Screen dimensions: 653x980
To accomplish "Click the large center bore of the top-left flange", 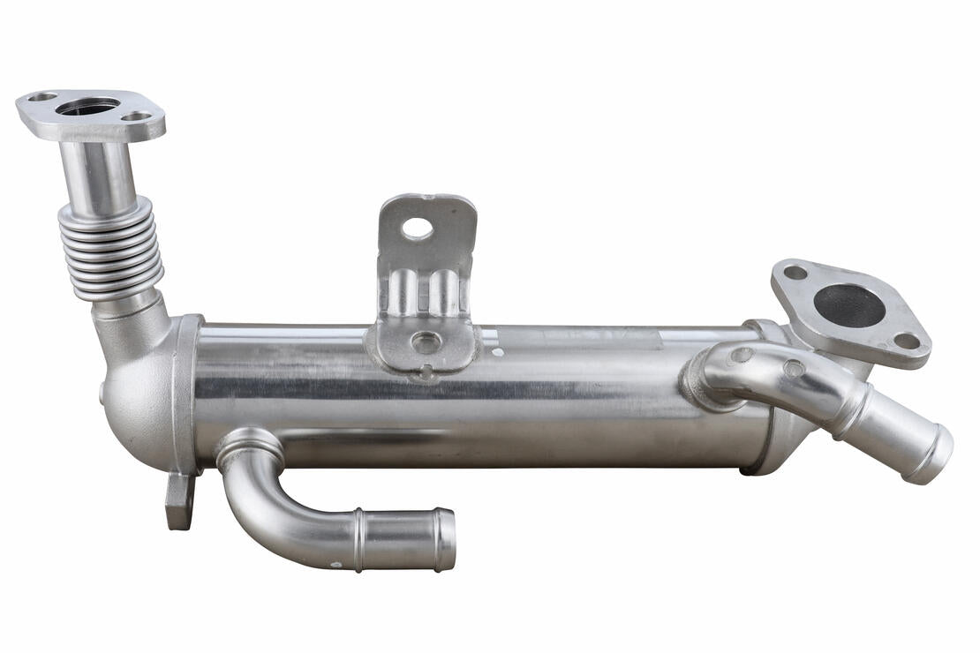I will point(87,106).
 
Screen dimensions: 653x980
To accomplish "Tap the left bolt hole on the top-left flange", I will point(41,96).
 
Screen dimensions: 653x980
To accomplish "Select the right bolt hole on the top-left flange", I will point(136,116).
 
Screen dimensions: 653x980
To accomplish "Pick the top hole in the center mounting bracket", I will point(418,228).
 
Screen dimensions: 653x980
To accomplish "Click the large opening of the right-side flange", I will point(848,305).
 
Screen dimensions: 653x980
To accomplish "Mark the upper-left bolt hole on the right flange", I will point(795,273).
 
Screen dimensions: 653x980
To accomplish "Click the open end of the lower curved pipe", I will point(446,540).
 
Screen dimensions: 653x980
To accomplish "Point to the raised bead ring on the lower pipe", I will point(359,539).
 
